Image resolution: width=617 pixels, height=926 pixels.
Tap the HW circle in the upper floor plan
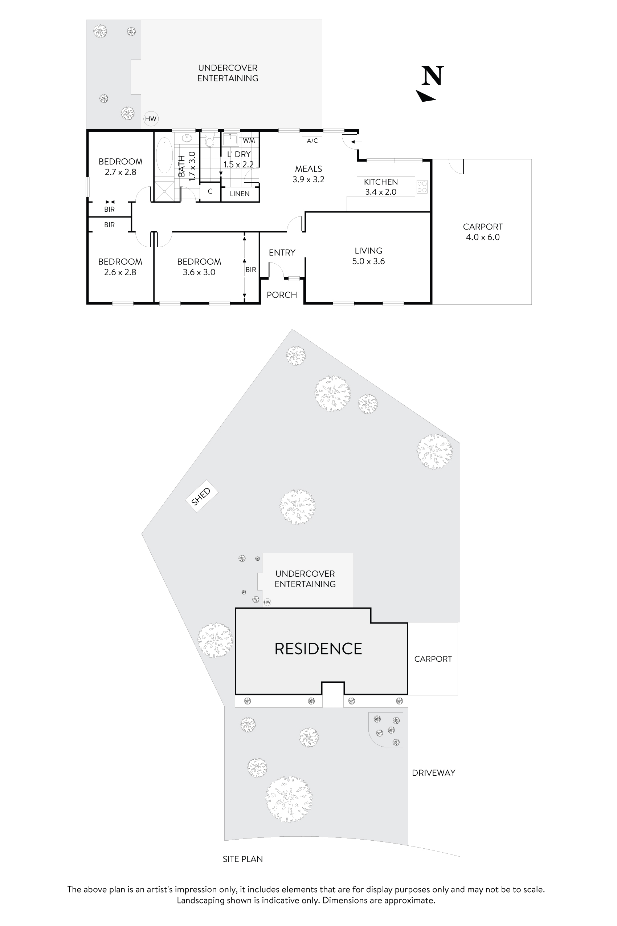click(151, 119)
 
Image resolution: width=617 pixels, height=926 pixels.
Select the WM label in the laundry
click(249, 141)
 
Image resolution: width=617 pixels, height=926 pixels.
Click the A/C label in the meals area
click(312, 141)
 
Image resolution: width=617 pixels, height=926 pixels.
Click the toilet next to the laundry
click(210, 141)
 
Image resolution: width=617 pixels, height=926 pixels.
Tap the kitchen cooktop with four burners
click(422, 187)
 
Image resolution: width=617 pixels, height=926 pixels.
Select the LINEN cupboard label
click(240, 194)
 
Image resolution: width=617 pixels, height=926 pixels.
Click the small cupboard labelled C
click(210, 192)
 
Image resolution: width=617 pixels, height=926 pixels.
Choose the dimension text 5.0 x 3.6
click(368, 261)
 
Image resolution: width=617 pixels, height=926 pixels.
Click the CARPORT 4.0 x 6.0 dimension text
click(482, 237)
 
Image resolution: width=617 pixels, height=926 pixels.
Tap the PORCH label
click(282, 295)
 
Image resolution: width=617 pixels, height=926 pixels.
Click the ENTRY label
click(282, 253)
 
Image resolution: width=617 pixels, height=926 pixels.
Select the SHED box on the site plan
click(201, 496)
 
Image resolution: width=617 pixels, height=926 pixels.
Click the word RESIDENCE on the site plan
click(318, 649)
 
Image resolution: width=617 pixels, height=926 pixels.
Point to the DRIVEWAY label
click(433, 773)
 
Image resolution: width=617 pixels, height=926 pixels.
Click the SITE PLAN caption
click(242, 859)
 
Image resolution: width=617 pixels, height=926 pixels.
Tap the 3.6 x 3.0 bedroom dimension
click(199, 272)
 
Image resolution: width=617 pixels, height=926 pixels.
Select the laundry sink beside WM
click(230, 139)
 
